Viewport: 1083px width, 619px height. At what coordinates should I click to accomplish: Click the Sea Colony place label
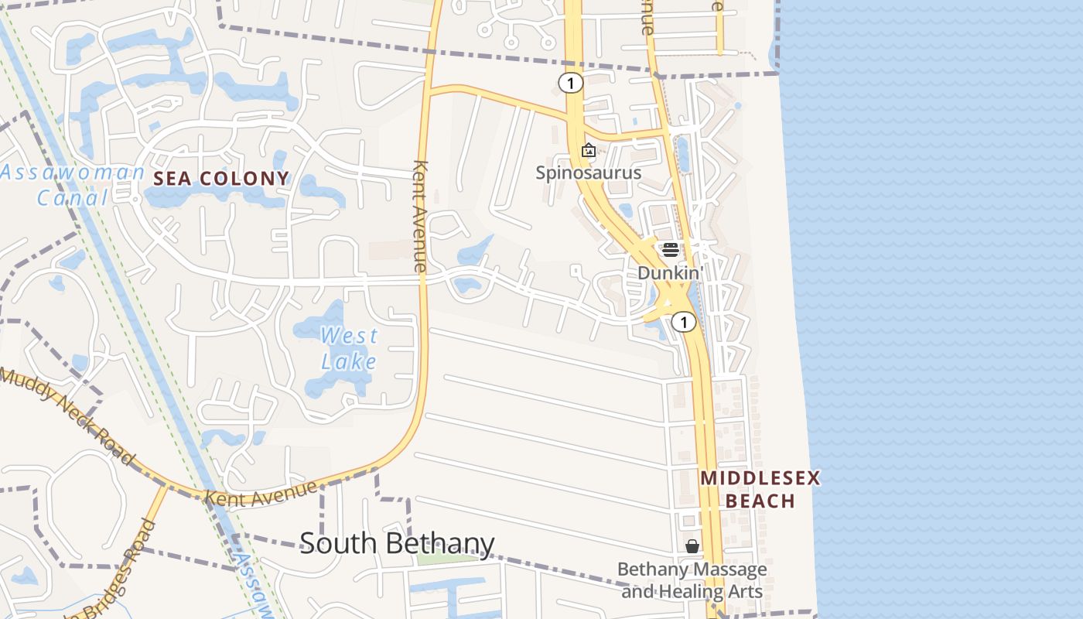(221, 179)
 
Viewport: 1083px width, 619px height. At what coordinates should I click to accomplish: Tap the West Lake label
(349, 348)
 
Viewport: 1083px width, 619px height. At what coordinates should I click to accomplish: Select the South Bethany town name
(397, 543)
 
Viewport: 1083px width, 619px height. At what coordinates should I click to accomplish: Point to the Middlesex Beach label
(760, 489)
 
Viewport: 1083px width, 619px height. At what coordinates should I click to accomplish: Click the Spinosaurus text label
(589, 172)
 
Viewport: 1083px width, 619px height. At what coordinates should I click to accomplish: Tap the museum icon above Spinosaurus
(589, 150)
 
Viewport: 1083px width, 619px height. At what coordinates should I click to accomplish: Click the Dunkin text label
(668, 272)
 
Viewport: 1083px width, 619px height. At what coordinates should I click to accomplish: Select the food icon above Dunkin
(670, 249)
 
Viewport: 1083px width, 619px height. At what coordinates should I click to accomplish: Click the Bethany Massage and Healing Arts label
(692, 580)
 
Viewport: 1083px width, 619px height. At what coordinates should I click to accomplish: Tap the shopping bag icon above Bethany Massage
(692, 546)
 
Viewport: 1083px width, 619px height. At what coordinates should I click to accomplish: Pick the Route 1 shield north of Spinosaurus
(570, 83)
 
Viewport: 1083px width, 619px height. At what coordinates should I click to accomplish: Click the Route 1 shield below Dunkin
(683, 321)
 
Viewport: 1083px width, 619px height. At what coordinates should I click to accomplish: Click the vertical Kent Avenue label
(421, 216)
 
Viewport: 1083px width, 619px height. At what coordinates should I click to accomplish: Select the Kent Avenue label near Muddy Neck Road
(261, 493)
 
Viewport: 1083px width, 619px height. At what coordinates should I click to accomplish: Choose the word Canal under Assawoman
(73, 198)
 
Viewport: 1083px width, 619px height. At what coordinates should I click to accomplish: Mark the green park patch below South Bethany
(447, 558)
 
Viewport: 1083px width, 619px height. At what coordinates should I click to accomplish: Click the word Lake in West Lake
(349, 361)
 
